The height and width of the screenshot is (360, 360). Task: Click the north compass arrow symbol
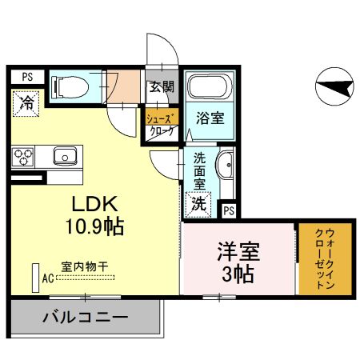pyautogui.click(x=334, y=86)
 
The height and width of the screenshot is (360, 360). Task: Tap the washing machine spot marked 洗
pyautogui.click(x=198, y=203)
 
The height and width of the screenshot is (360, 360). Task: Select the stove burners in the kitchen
pyautogui.click(x=23, y=155)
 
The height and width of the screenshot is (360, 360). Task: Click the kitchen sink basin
pyautogui.click(x=64, y=155)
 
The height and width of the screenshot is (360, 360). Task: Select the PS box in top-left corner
pyautogui.click(x=26, y=78)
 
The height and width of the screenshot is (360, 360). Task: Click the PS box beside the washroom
pyautogui.click(x=229, y=210)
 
